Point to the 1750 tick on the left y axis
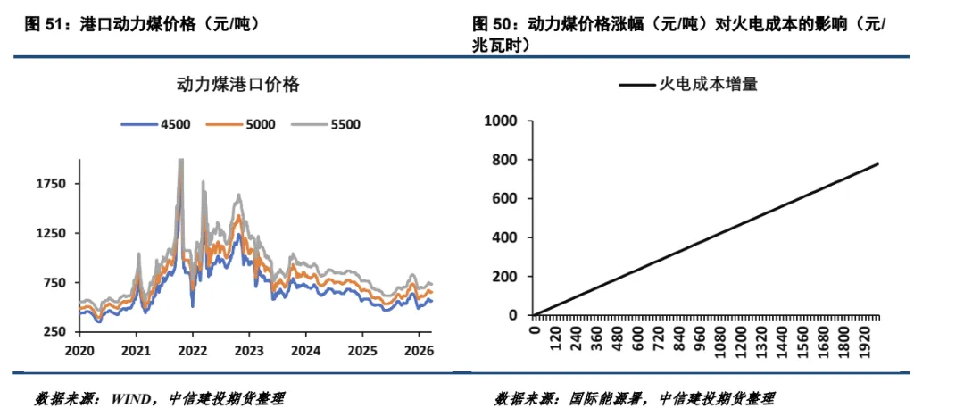point(54,184)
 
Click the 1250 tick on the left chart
point(54,233)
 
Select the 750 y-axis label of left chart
point(58,283)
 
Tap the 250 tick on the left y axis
point(58,332)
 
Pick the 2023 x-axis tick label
point(249,349)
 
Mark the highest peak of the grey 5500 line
point(181,161)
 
